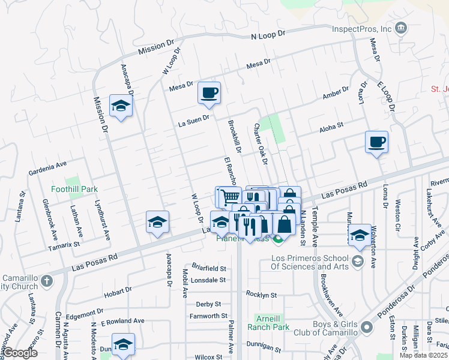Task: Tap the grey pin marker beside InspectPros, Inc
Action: tap(402, 28)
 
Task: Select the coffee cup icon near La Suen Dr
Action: tap(209, 93)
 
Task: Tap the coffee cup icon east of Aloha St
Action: tap(376, 142)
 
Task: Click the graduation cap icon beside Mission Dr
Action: tap(121, 106)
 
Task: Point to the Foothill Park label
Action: tap(73, 189)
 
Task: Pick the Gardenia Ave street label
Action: tap(47, 168)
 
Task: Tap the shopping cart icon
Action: tap(228, 196)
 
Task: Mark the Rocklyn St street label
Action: tap(261, 295)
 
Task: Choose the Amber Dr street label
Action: tap(335, 92)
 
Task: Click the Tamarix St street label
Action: tap(64, 245)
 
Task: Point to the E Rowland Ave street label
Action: tap(122, 322)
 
